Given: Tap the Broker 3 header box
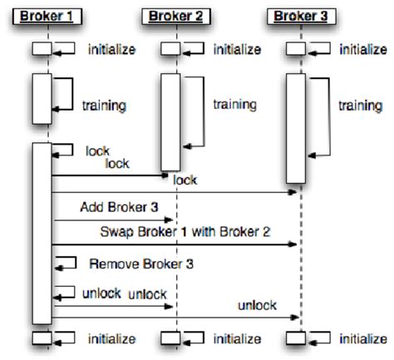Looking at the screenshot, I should (296, 16).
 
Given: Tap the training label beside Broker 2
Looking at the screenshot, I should (234, 105).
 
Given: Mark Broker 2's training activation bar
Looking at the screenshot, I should (170, 121).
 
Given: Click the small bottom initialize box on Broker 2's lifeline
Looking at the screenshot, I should (170, 338).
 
